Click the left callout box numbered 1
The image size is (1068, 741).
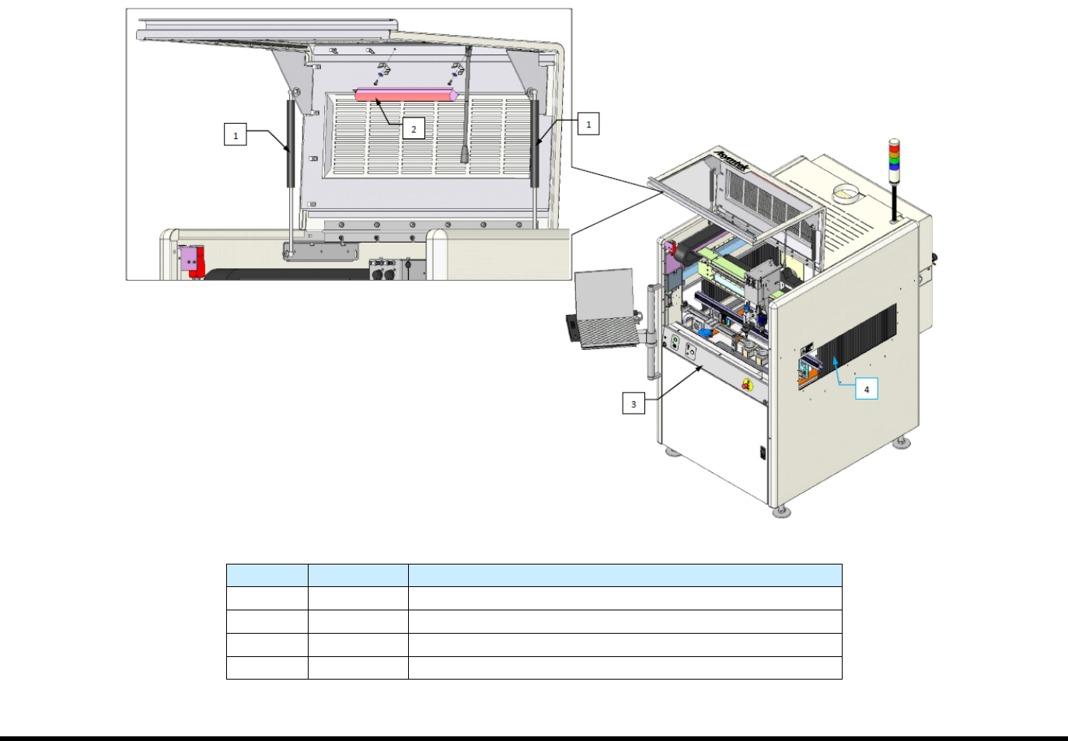[x=236, y=135]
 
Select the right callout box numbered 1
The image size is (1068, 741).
[x=588, y=124]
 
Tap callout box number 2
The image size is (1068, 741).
[x=414, y=129]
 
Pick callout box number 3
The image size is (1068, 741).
[x=633, y=404]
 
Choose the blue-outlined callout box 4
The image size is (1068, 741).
[x=867, y=389]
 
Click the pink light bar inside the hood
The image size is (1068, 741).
[x=404, y=95]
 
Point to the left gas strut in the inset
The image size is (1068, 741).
[x=291, y=144]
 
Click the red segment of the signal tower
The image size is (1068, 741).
[x=894, y=144]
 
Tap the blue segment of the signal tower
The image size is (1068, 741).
[x=894, y=166]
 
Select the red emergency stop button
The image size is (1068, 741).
[x=747, y=385]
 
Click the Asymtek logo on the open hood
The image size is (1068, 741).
[x=732, y=161]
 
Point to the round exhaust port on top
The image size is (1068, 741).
[x=847, y=191]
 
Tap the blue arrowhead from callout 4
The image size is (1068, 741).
[x=835, y=360]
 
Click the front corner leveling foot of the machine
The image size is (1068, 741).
[x=781, y=512]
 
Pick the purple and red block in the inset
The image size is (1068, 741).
[x=192, y=260]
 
